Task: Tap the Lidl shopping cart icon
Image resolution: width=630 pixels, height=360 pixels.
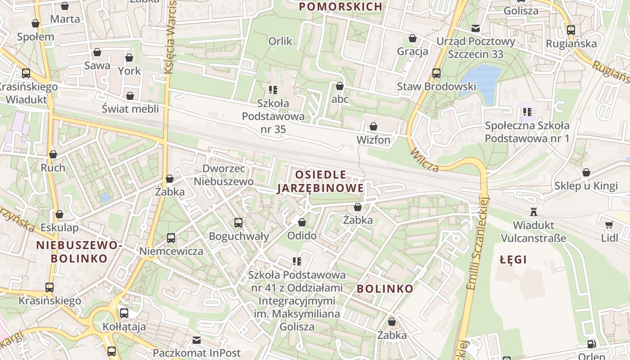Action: pyautogui.click(x=609, y=225)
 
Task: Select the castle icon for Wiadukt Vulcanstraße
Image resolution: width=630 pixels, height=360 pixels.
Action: pyautogui.click(x=534, y=211)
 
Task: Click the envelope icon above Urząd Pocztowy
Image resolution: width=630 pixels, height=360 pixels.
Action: pyautogui.click(x=475, y=29)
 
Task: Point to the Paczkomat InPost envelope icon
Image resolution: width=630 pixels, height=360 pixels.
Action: pyautogui.click(x=197, y=340)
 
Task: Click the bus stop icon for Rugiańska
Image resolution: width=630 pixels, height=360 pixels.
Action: pyautogui.click(x=571, y=30)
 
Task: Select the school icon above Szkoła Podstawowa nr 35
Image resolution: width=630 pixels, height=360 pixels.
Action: pyautogui.click(x=273, y=90)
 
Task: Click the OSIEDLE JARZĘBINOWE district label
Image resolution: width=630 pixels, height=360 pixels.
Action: pyautogui.click(x=320, y=181)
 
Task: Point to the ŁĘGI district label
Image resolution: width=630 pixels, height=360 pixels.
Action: pyautogui.click(x=513, y=260)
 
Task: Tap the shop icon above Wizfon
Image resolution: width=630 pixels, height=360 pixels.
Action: pyautogui.click(x=373, y=127)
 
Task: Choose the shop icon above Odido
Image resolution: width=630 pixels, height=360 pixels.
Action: pyautogui.click(x=301, y=222)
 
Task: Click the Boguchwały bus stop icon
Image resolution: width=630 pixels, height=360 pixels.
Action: pyautogui.click(x=238, y=222)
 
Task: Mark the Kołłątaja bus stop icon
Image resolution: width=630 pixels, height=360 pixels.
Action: pyautogui.click(x=124, y=313)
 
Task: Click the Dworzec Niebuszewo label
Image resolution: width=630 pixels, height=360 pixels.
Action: pyautogui.click(x=224, y=175)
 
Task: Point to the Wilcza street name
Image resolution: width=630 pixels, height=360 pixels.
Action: pyautogui.click(x=424, y=160)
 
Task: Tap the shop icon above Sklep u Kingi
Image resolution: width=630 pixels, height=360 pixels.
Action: pyautogui.click(x=586, y=172)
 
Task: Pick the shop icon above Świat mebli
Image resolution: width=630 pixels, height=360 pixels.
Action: pyautogui.click(x=130, y=96)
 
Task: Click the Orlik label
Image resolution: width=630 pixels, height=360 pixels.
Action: pyautogui.click(x=280, y=41)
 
